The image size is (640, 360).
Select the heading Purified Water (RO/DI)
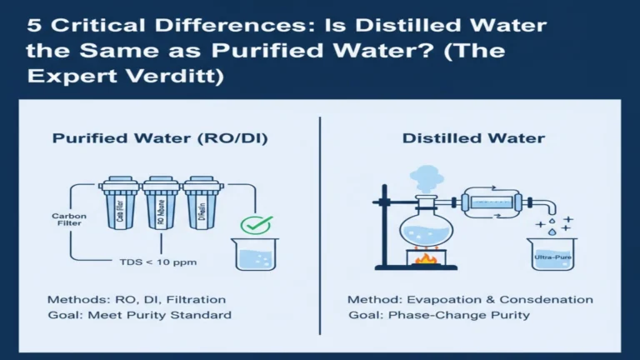point(159,138)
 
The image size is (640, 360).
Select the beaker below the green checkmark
point(256,254)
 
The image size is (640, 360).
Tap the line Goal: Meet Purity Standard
point(139,315)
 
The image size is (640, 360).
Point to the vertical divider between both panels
point(320,225)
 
